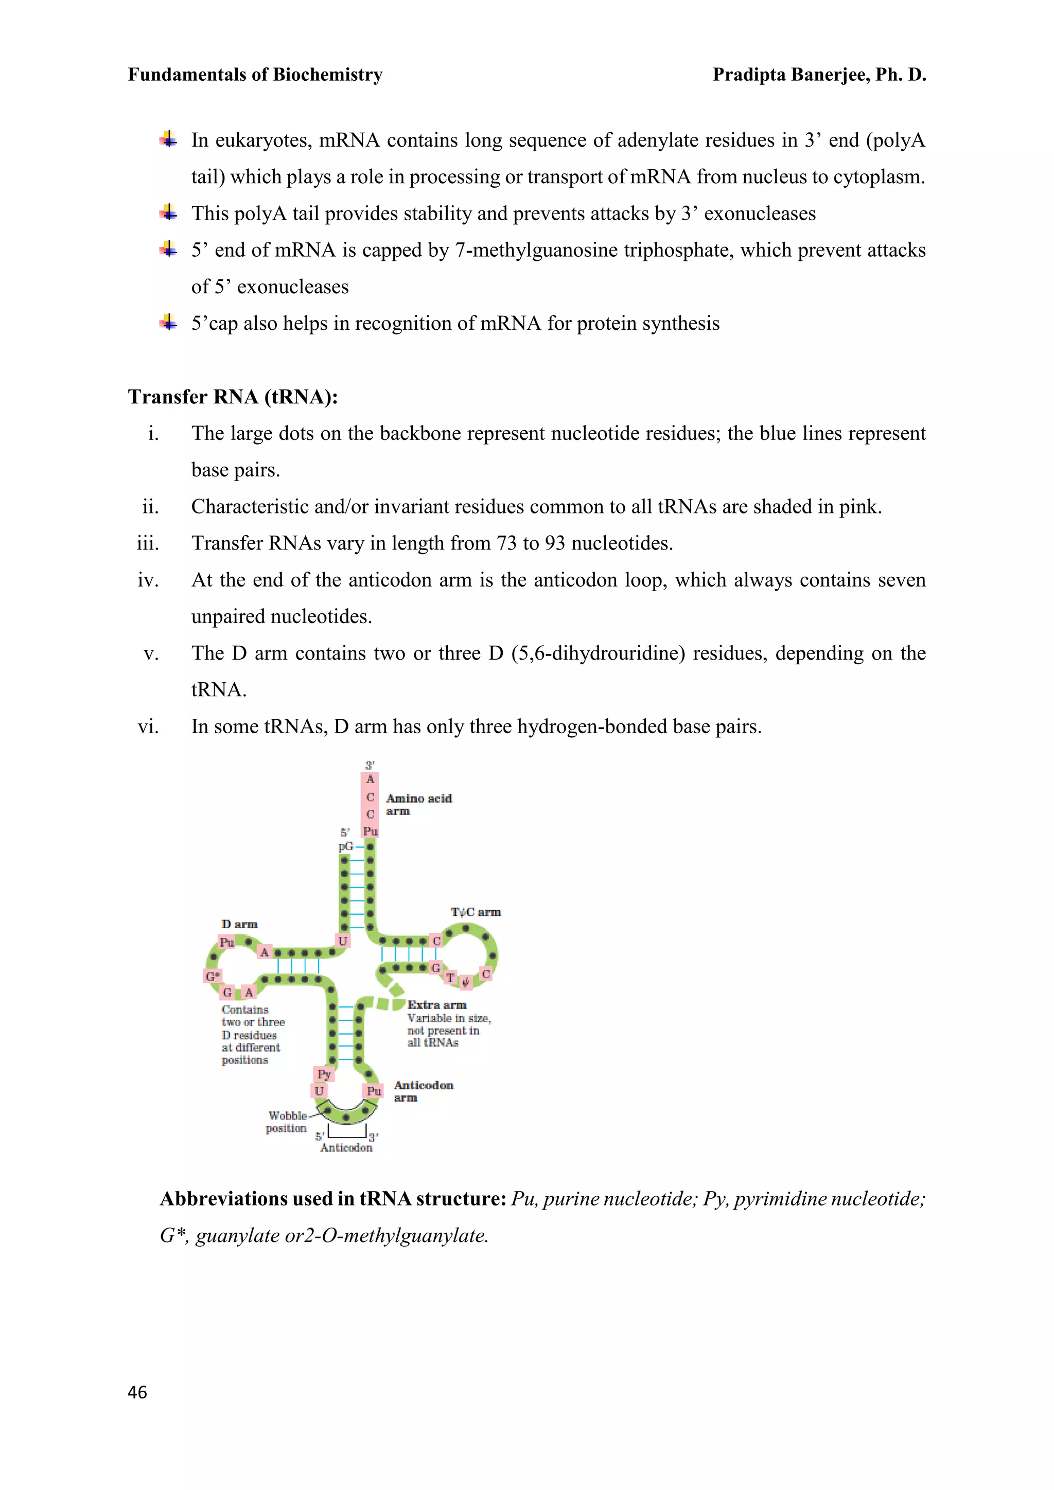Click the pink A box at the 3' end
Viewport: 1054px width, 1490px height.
coord(370,779)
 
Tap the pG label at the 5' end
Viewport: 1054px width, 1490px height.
coord(346,846)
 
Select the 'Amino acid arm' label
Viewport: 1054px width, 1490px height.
coord(418,805)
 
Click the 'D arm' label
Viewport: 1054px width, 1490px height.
coord(239,924)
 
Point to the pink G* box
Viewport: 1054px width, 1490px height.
coord(212,976)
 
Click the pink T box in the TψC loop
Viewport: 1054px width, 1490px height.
coord(450,978)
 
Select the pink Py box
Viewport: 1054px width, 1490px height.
coord(324,1074)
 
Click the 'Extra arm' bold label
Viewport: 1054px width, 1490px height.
coord(436,1005)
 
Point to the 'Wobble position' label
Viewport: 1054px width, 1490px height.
coord(287,1122)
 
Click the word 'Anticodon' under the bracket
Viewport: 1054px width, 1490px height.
coord(346,1147)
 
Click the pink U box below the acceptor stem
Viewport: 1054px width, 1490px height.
coord(343,941)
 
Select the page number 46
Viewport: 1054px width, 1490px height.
coord(137,1392)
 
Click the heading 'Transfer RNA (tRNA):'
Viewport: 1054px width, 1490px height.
coord(232,397)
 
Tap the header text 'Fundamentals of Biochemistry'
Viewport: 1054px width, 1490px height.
coord(255,75)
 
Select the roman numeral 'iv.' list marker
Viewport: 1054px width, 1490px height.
coord(148,579)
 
